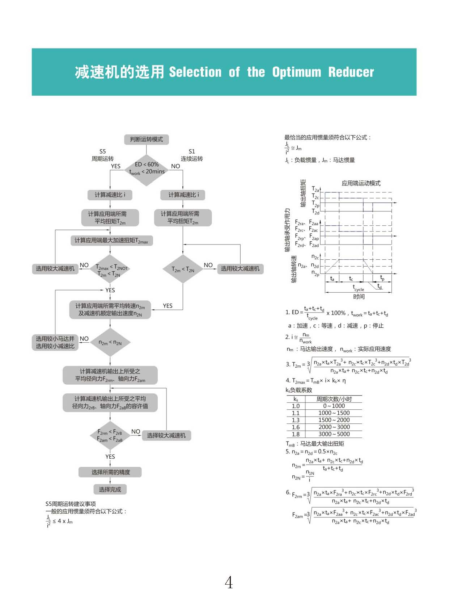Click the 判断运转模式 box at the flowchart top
(146, 139)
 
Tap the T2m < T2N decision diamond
(183, 269)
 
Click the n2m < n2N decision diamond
(110, 342)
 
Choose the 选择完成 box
(110, 489)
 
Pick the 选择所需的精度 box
(110, 472)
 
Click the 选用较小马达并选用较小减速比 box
(55, 342)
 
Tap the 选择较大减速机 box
(166, 435)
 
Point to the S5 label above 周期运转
(103, 151)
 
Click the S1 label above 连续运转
(192, 151)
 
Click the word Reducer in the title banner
(351, 72)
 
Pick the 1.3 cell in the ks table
(296, 420)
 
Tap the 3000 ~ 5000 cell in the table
(334, 434)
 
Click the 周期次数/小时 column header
(334, 399)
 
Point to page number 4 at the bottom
(229, 582)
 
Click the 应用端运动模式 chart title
(361, 183)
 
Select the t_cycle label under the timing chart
(358, 288)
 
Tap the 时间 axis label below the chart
(359, 297)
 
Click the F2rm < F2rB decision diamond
(110, 435)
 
